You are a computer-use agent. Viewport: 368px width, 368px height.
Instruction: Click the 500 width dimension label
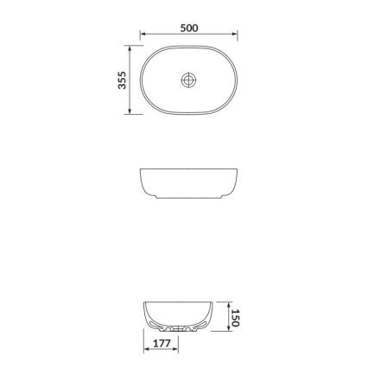(x=189, y=28)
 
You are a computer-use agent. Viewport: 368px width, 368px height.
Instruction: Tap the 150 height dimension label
(x=234, y=319)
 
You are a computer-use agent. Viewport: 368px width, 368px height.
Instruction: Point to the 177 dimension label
(x=161, y=344)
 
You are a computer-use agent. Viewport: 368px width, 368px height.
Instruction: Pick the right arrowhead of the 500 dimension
(x=236, y=35)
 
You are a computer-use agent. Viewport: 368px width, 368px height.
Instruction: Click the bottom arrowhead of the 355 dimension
(x=130, y=112)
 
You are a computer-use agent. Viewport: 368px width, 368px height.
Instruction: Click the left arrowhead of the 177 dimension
(x=145, y=350)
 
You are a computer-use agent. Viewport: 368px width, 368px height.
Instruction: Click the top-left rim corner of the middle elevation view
(x=142, y=171)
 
